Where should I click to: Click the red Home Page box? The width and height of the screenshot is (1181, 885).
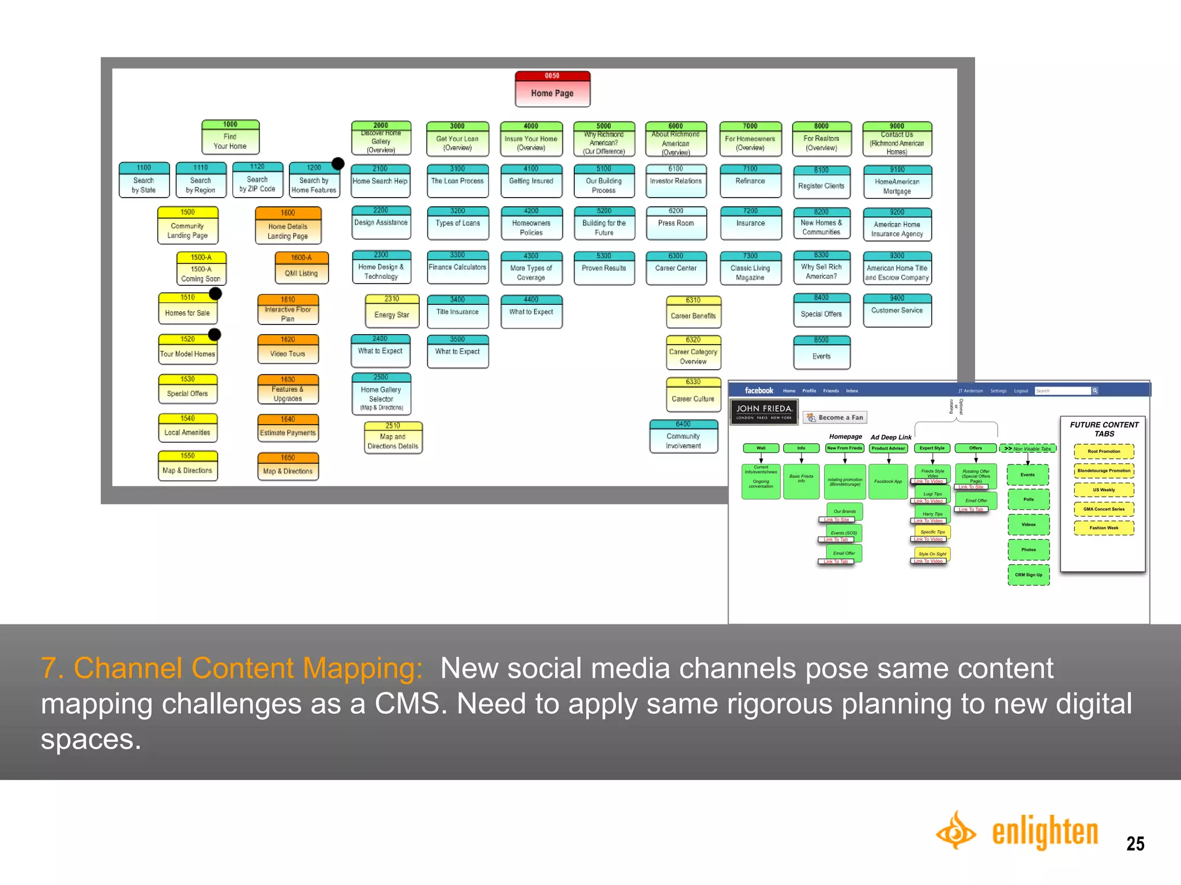click(x=552, y=89)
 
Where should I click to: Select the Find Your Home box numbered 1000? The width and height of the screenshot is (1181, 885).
click(x=230, y=137)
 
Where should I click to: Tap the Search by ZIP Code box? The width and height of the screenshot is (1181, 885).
click(x=257, y=180)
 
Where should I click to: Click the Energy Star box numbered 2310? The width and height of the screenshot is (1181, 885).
click(x=392, y=311)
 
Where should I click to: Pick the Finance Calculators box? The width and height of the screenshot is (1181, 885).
click(x=457, y=267)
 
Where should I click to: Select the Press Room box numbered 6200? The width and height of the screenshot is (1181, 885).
click(x=676, y=223)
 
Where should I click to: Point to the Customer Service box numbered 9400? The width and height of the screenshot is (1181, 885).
click(x=897, y=310)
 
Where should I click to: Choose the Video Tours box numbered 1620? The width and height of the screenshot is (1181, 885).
click(x=288, y=349)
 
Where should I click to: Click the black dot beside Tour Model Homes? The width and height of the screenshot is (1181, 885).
click(x=215, y=334)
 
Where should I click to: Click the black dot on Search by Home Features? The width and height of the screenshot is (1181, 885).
click(x=338, y=164)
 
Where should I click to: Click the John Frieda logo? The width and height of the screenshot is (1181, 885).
click(x=763, y=411)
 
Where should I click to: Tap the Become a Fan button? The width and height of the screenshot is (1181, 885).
click(x=835, y=417)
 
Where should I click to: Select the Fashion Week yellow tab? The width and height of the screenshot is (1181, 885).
click(x=1103, y=528)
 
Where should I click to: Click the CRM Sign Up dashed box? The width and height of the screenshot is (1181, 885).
click(x=1028, y=574)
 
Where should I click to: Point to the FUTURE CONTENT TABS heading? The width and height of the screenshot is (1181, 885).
click(x=1104, y=429)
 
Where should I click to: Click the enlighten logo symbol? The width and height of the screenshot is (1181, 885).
click(x=956, y=830)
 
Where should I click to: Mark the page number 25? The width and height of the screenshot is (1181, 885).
click(x=1135, y=844)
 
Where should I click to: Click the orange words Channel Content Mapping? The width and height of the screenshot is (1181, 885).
click(x=248, y=668)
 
